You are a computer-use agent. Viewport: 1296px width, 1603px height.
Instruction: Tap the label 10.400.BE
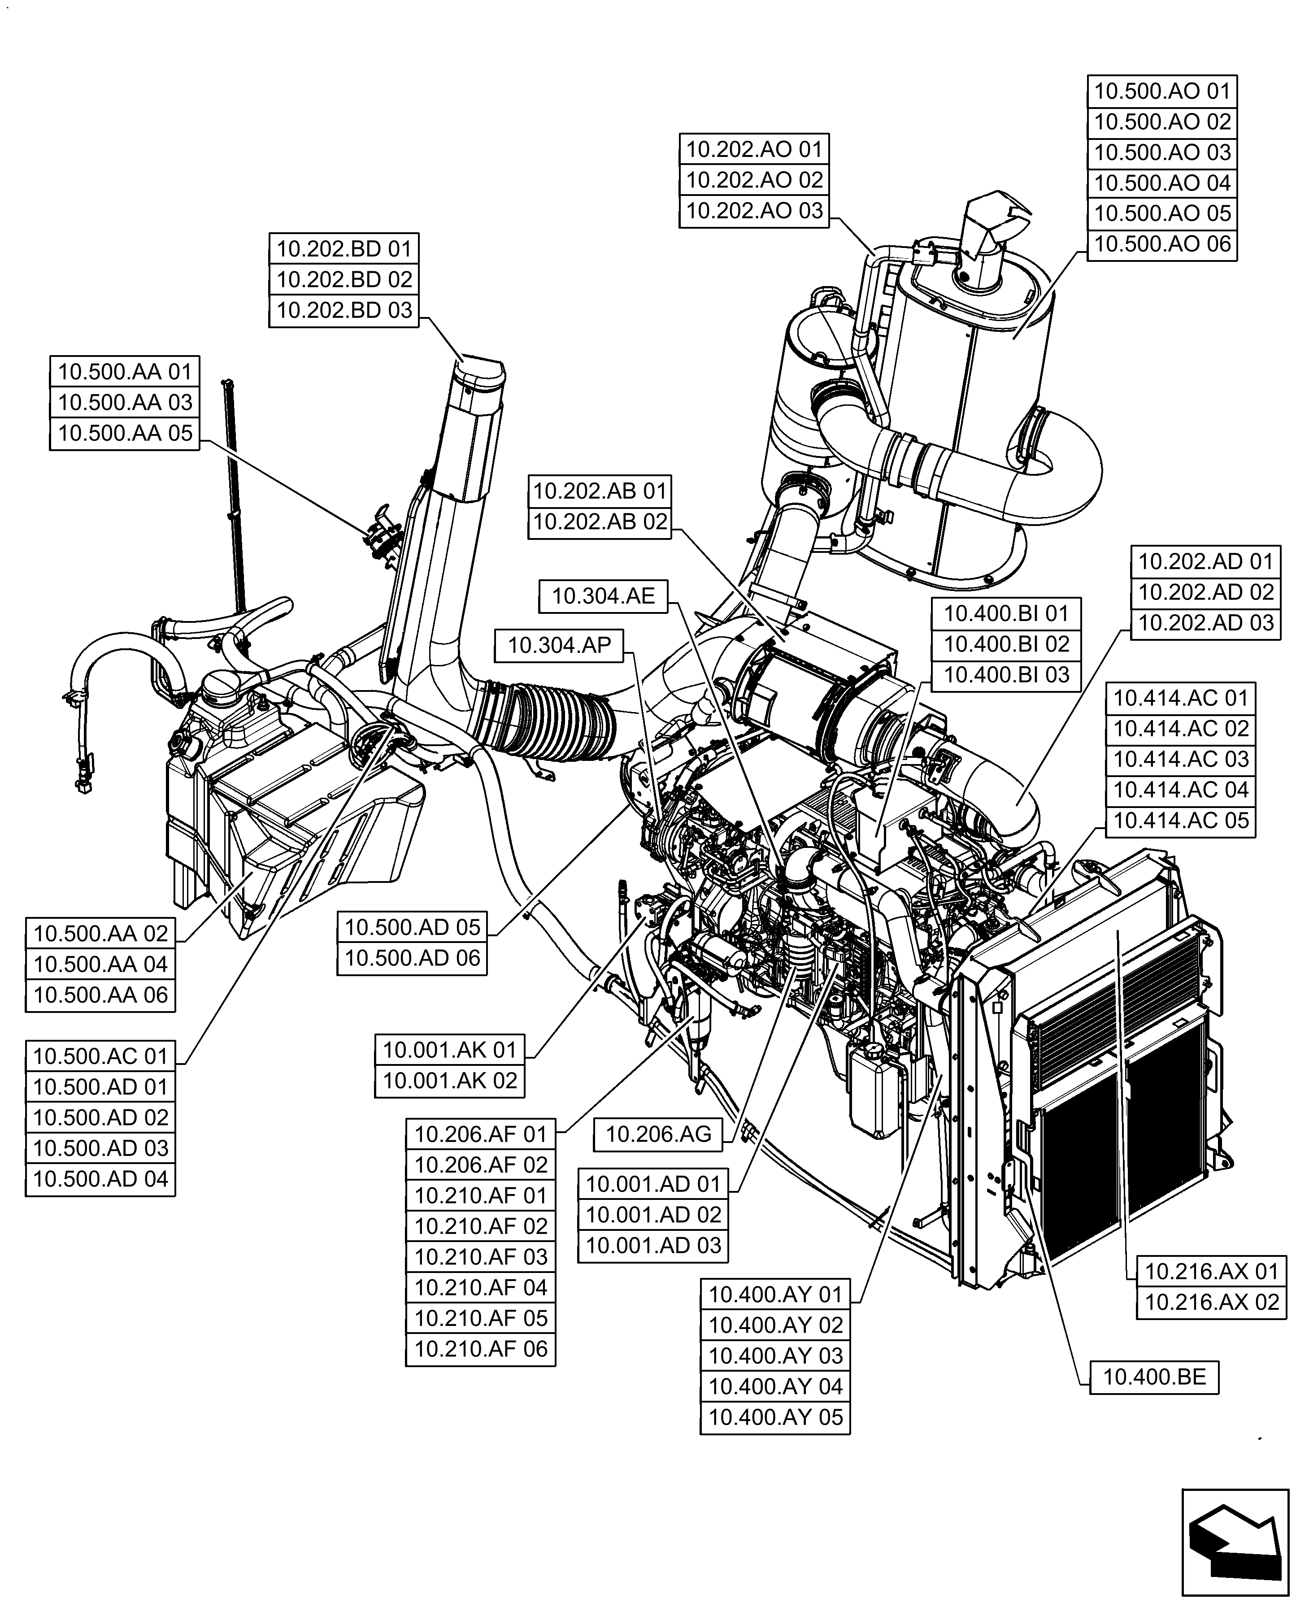click(1154, 1377)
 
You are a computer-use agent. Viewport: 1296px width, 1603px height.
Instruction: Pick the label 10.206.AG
click(658, 1135)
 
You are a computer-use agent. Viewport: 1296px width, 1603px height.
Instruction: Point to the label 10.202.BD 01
click(344, 248)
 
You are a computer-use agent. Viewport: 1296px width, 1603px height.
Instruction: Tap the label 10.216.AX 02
click(1212, 1302)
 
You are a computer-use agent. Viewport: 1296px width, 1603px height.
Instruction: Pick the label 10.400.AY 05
click(775, 1417)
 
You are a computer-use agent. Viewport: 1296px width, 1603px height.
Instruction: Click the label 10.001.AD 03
click(653, 1246)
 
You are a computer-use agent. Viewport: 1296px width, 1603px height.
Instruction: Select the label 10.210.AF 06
click(481, 1349)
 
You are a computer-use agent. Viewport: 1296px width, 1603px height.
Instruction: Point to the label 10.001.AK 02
click(449, 1081)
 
